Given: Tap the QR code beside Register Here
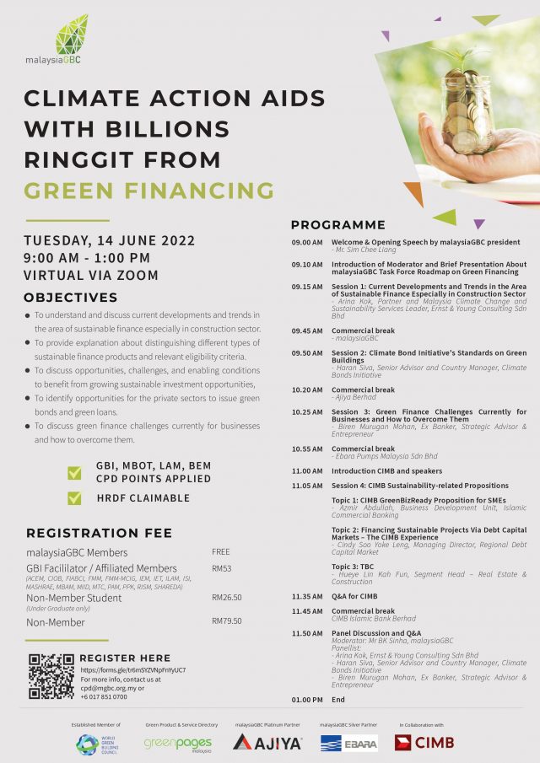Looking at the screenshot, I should pyautogui.click(x=51, y=677).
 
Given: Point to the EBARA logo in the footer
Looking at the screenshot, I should pyautogui.click(x=348, y=743).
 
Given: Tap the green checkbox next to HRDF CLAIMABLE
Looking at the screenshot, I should pyautogui.click(x=74, y=498).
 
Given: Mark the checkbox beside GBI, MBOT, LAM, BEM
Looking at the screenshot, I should pyautogui.click(x=74, y=473).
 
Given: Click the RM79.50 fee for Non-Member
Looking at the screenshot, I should pyautogui.click(x=227, y=621).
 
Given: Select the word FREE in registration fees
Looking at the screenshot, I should pyautogui.click(x=221, y=551).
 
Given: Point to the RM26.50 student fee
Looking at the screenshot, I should pyautogui.click(x=227, y=597).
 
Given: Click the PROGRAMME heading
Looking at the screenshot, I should pyautogui.click(x=337, y=225).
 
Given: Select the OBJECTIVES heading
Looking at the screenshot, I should pyautogui.click(x=71, y=298).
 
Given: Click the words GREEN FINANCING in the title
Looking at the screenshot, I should pyautogui.click(x=148, y=190).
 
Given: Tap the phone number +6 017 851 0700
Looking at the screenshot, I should pyautogui.click(x=104, y=697).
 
